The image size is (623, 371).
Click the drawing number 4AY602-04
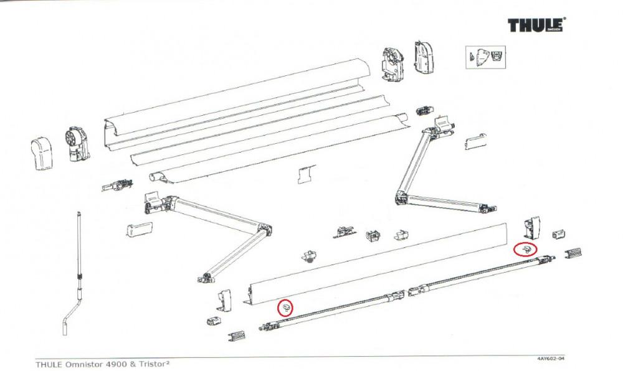(x=551, y=359)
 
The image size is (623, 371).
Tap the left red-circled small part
(x=286, y=307)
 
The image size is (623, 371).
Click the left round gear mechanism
(x=77, y=144)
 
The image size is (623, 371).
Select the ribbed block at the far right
(x=573, y=252)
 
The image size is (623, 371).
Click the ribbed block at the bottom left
(x=236, y=336)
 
